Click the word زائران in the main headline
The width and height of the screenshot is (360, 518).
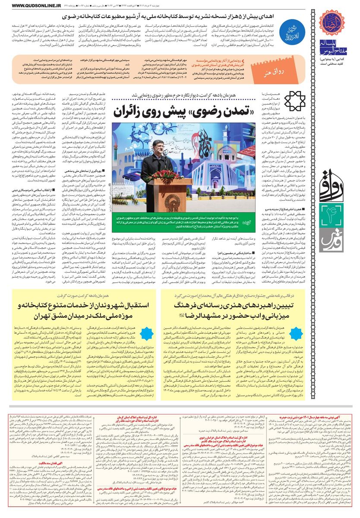pos(136,112)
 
